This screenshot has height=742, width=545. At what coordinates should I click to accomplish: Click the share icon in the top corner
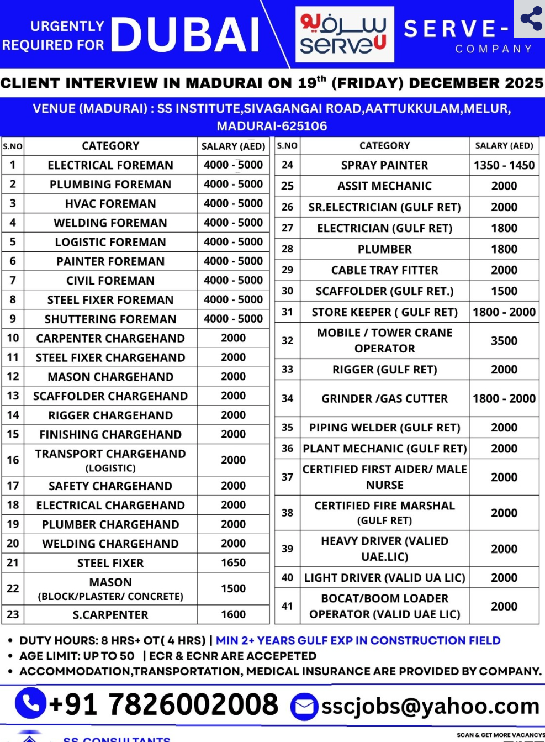(x=531, y=19)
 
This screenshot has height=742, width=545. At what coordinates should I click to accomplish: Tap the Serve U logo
(x=345, y=34)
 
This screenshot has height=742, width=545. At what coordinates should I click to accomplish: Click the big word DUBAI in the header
(x=186, y=35)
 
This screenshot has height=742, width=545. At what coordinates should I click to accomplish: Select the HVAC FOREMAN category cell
(x=110, y=204)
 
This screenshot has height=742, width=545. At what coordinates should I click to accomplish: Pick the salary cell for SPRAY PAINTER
(x=504, y=165)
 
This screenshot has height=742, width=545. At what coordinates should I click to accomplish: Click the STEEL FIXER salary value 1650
(x=233, y=563)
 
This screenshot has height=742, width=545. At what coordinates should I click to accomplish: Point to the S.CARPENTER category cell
(x=110, y=615)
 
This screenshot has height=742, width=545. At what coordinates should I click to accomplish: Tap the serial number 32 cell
(x=287, y=340)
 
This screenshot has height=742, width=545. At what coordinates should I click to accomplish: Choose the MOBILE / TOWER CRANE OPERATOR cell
(x=384, y=340)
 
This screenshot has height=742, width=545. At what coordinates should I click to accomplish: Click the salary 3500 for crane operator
(x=504, y=341)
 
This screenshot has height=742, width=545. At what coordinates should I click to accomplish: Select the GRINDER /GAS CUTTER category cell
(x=384, y=398)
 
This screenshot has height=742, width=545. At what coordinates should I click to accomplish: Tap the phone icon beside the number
(x=30, y=703)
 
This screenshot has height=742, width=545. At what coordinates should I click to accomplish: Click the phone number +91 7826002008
(x=164, y=704)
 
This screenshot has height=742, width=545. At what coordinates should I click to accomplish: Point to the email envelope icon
(x=304, y=707)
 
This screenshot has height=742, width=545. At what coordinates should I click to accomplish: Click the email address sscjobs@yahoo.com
(x=430, y=706)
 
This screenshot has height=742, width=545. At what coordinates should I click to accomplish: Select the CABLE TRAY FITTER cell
(x=384, y=270)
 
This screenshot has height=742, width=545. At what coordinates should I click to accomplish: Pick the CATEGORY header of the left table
(x=110, y=146)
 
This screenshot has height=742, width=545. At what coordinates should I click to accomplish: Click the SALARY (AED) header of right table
(x=504, y=146)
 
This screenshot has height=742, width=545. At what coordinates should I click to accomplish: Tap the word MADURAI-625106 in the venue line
(x=272, y=126)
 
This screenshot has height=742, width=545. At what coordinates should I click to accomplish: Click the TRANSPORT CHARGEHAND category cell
(x=110, y=460)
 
